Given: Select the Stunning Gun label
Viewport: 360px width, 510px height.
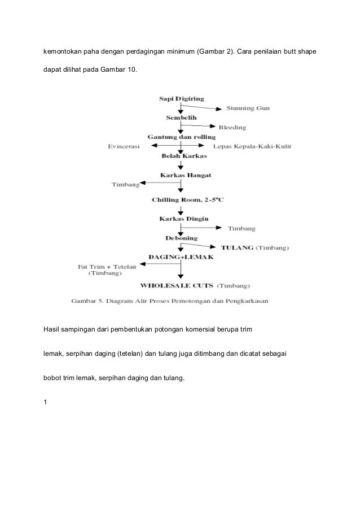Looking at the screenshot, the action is tap(248, 108).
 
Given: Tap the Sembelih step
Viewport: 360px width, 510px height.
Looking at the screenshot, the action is tap(181, 118).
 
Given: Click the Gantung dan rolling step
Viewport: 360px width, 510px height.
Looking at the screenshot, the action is tap(180, 137).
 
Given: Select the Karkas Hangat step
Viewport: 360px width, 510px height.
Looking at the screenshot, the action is tap(181, 175).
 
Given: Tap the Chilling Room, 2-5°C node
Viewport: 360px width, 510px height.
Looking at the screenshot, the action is tap(180, 200).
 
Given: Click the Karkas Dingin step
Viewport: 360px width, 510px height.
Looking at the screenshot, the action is tap(181, 219).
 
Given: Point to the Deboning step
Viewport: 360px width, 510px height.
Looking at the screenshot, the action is tap(181, 237).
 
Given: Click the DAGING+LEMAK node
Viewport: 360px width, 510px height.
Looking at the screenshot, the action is tap(180, 257).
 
